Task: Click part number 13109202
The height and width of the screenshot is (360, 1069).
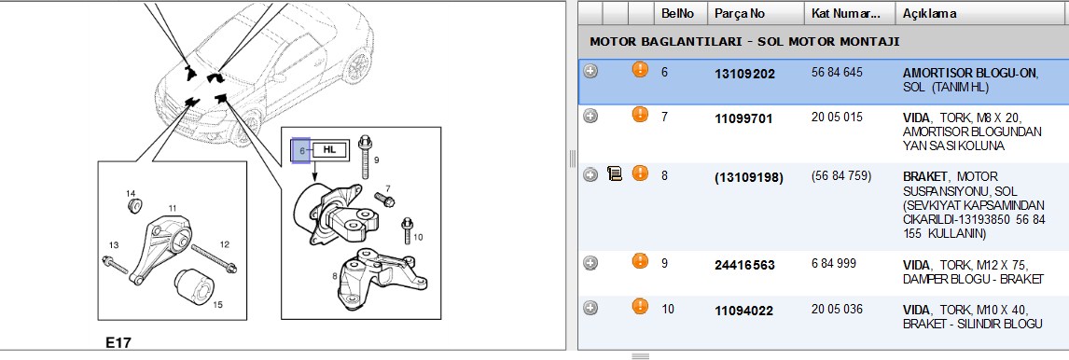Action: click(744, 74)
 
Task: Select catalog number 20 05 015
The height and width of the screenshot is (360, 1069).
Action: click(838, 118)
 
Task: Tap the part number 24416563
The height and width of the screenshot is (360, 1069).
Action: click(744, 265)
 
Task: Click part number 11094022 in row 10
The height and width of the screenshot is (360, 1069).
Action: click(743, 311)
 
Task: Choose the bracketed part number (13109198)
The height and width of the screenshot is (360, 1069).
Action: click(748, 178)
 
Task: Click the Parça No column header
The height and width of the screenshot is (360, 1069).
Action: click(740, 13)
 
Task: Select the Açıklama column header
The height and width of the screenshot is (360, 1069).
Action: click(929, 13)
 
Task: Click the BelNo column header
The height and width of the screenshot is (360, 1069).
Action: click(677, 13)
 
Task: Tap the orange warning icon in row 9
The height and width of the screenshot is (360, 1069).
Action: click(640, 260)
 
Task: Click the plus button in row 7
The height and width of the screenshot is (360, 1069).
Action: click(590, 117)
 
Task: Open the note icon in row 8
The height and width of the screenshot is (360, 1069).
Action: click(615, 175)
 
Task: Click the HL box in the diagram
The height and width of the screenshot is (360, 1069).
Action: click(329, 148)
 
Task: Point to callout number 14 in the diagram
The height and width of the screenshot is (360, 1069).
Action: click(131, 194)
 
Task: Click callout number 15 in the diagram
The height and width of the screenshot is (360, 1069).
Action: click(217, 305)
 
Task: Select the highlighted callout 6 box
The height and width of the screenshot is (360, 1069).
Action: click(300, 151)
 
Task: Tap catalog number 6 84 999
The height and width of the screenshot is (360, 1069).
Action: click(834, 264)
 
